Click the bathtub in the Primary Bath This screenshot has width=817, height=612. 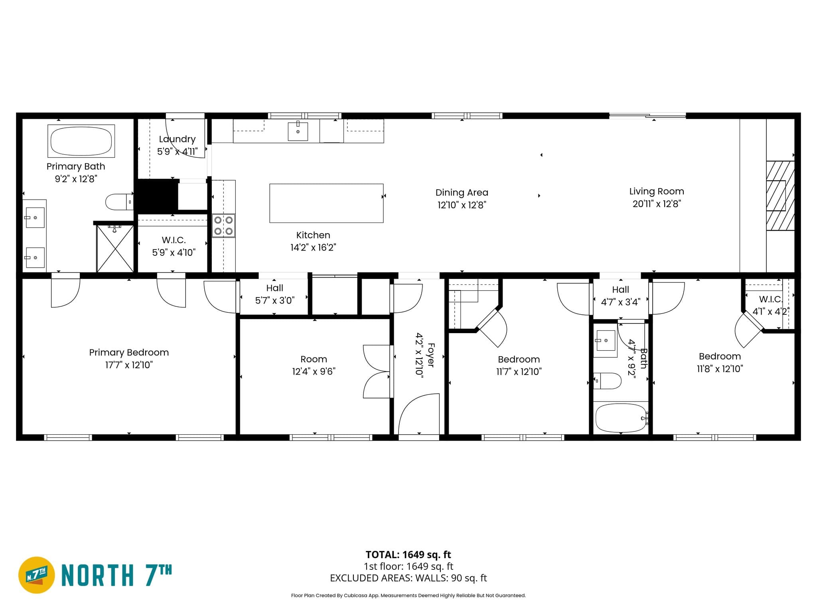pos(81,141)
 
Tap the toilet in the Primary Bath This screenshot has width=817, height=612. pos(118,202)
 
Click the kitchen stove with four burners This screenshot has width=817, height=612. pos(223,226)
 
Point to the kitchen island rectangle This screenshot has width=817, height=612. pos(326,203)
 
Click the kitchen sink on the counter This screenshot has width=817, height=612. pos(298,131)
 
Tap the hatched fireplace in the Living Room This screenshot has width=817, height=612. pos(780,196)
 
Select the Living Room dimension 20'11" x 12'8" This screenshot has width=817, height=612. pos(657,204)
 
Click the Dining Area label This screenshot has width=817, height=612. pos(462,192)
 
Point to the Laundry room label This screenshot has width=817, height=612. pos(177,139)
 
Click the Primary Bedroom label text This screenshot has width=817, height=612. pos(129,352)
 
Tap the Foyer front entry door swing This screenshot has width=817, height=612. pos(418,414)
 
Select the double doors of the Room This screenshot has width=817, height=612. pos(376,371)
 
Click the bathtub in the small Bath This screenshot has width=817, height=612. pos(620,418)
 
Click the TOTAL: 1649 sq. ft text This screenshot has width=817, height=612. pos(408,555)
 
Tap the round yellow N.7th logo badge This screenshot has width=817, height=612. pos(36,575)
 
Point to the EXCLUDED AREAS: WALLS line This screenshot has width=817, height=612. pos(408,578)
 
